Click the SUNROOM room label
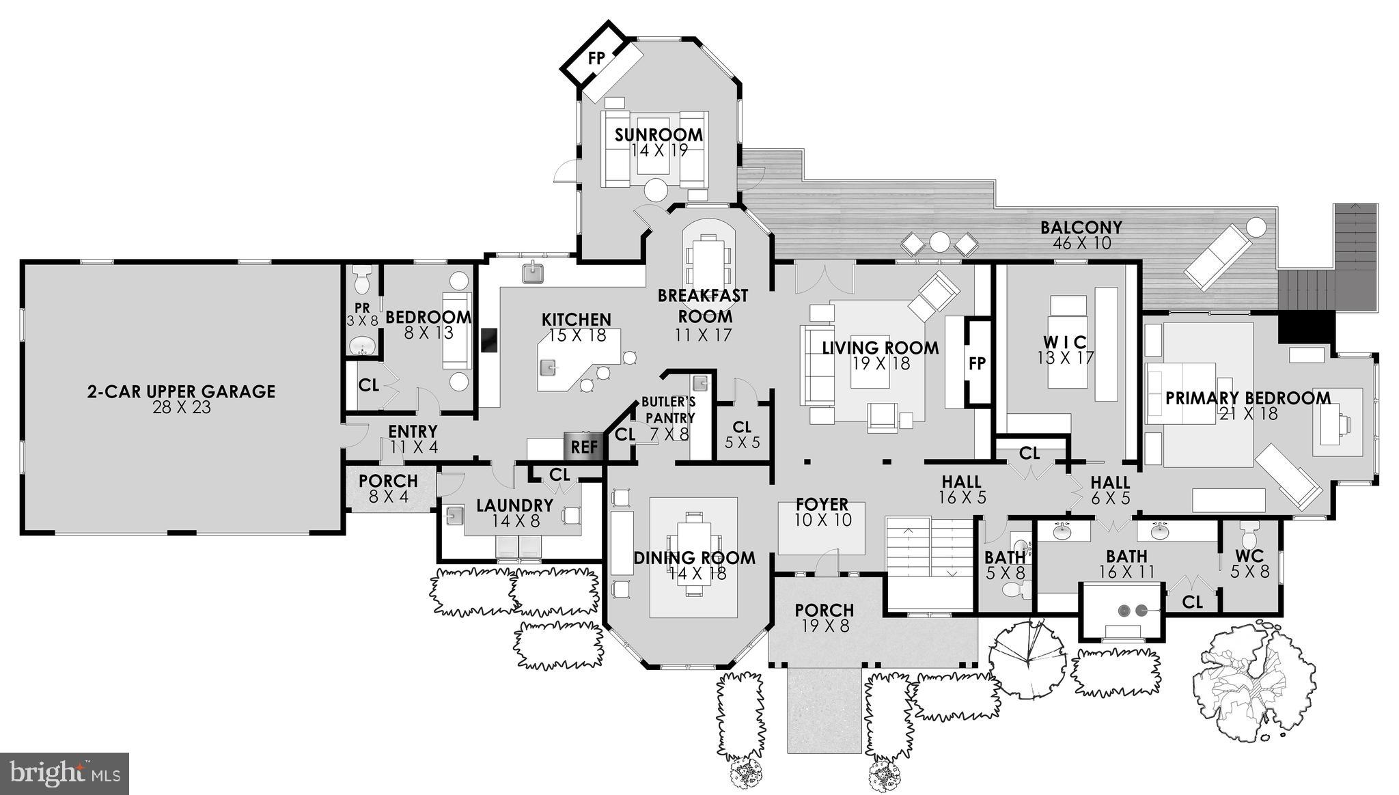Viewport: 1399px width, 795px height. tap(658, 135)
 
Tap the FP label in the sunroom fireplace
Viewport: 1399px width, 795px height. tap(596, 58)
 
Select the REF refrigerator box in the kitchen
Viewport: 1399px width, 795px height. tap(584, 447)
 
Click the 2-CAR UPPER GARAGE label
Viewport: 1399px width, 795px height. tap(181, 391)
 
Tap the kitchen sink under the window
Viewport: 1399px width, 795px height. tap(534, 273)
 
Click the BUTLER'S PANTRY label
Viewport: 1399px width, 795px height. tap(669, 410)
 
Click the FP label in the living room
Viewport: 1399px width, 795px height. tap(977, 363)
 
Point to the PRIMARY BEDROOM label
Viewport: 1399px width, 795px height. tap(1247, 398)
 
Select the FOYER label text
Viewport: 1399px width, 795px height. tap(822, 505)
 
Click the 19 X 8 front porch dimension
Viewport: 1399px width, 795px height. tap(825, 626)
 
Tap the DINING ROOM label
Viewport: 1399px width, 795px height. tap(694, 558)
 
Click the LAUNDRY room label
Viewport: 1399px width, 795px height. tap(514, 505)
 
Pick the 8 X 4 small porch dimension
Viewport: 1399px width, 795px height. tap(388, 497)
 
